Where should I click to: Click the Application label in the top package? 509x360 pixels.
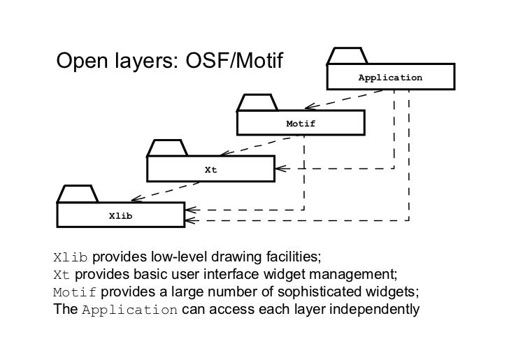390,77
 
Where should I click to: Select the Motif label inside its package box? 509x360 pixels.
301,124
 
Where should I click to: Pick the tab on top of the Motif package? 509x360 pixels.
257,103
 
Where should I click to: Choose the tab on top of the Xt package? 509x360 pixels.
166,148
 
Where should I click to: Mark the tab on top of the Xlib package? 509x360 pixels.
77,194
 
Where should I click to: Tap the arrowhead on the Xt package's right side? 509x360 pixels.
278,168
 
